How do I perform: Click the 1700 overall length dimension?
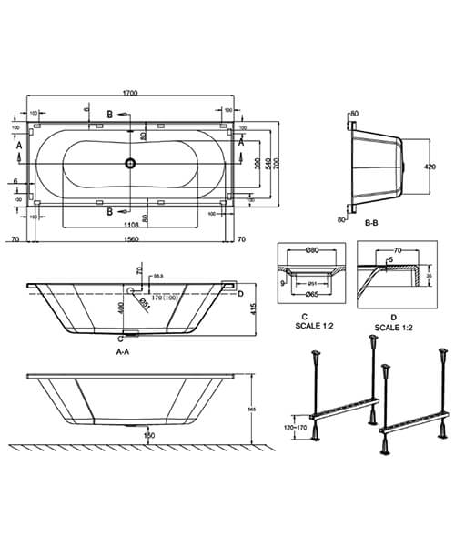pyautogui.click(x=132, y=92)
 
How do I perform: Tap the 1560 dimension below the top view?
pyautogui.click(x=132, y=240)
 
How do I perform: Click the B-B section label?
pyautogui.click(x=370, y=221)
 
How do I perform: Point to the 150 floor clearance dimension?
pyautogui.click(x=136, y=436)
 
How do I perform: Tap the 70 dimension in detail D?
pyautogui.click(x=397, y=248)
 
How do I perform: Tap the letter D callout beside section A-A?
pyautogui.click(x=240, y=293)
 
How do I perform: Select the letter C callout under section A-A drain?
pyautogui.click(x=120, y=337)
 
